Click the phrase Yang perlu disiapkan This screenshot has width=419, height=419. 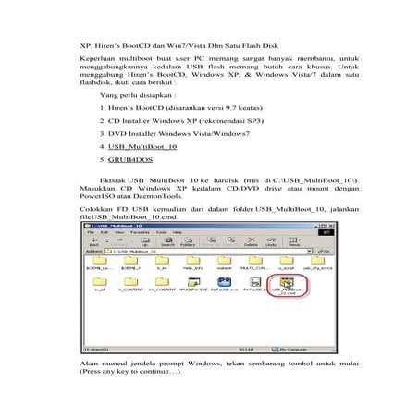[136, 94]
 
